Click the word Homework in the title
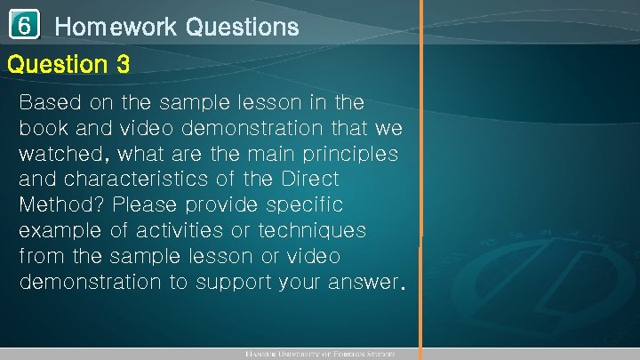pyautogui.click(x=116, y=28)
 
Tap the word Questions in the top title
pyautogui.click(x=242, y=28)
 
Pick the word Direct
pyautogui.click(x=310, y=179)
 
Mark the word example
pyautogui.click(x=60, y=231)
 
